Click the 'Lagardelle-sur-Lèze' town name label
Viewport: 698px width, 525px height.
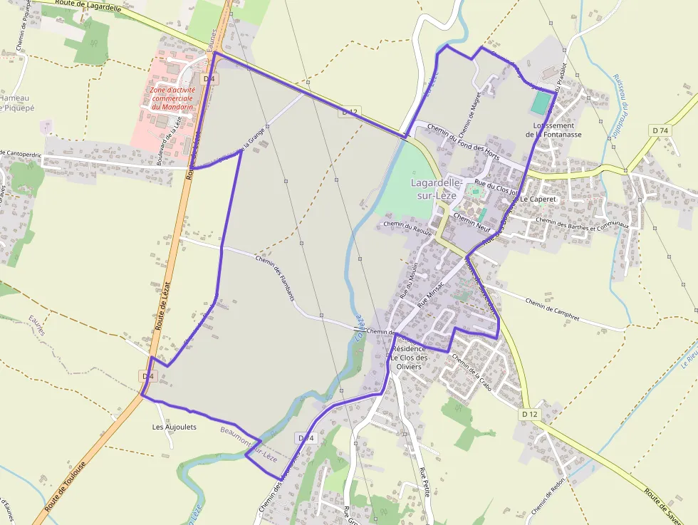pyautogui.click(x=437, y=188)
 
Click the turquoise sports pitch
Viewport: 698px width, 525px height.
pyautogui.click(x=541, y=103)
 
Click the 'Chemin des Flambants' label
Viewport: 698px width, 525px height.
pyautogui.click(x=274, y=277)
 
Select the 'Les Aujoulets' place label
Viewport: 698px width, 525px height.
pyautogui.click(x=174, y=427)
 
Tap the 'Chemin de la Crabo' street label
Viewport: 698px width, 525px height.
pyautogui.click(x=472, y=371)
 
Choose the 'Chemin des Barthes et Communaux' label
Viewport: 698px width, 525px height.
pyautogui.click(x=582, y=223)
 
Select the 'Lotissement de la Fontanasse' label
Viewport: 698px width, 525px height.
pyautogui.click(x=553, y=129)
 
